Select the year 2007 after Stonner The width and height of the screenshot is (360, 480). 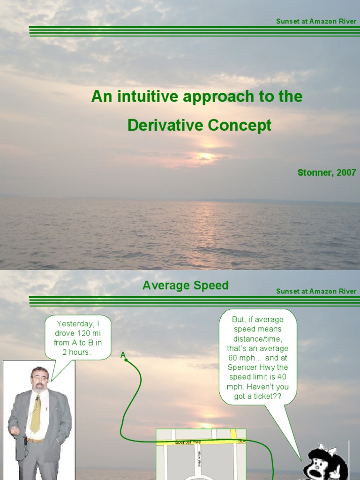coord(346,172)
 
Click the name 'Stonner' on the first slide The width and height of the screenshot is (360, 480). coord(315,172)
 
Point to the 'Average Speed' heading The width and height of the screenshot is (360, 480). coord(185,285)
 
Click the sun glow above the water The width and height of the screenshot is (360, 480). coord(205,156)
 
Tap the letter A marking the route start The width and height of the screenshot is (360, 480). coord(123,355)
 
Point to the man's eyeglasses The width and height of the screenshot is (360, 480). coord(39,378)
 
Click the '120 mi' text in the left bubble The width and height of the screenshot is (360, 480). coord(87,333)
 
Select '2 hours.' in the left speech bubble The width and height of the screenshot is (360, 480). coord(77,352)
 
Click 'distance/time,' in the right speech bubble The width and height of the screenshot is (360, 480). coord(258,338)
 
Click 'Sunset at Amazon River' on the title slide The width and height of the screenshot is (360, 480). coord(316,22)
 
